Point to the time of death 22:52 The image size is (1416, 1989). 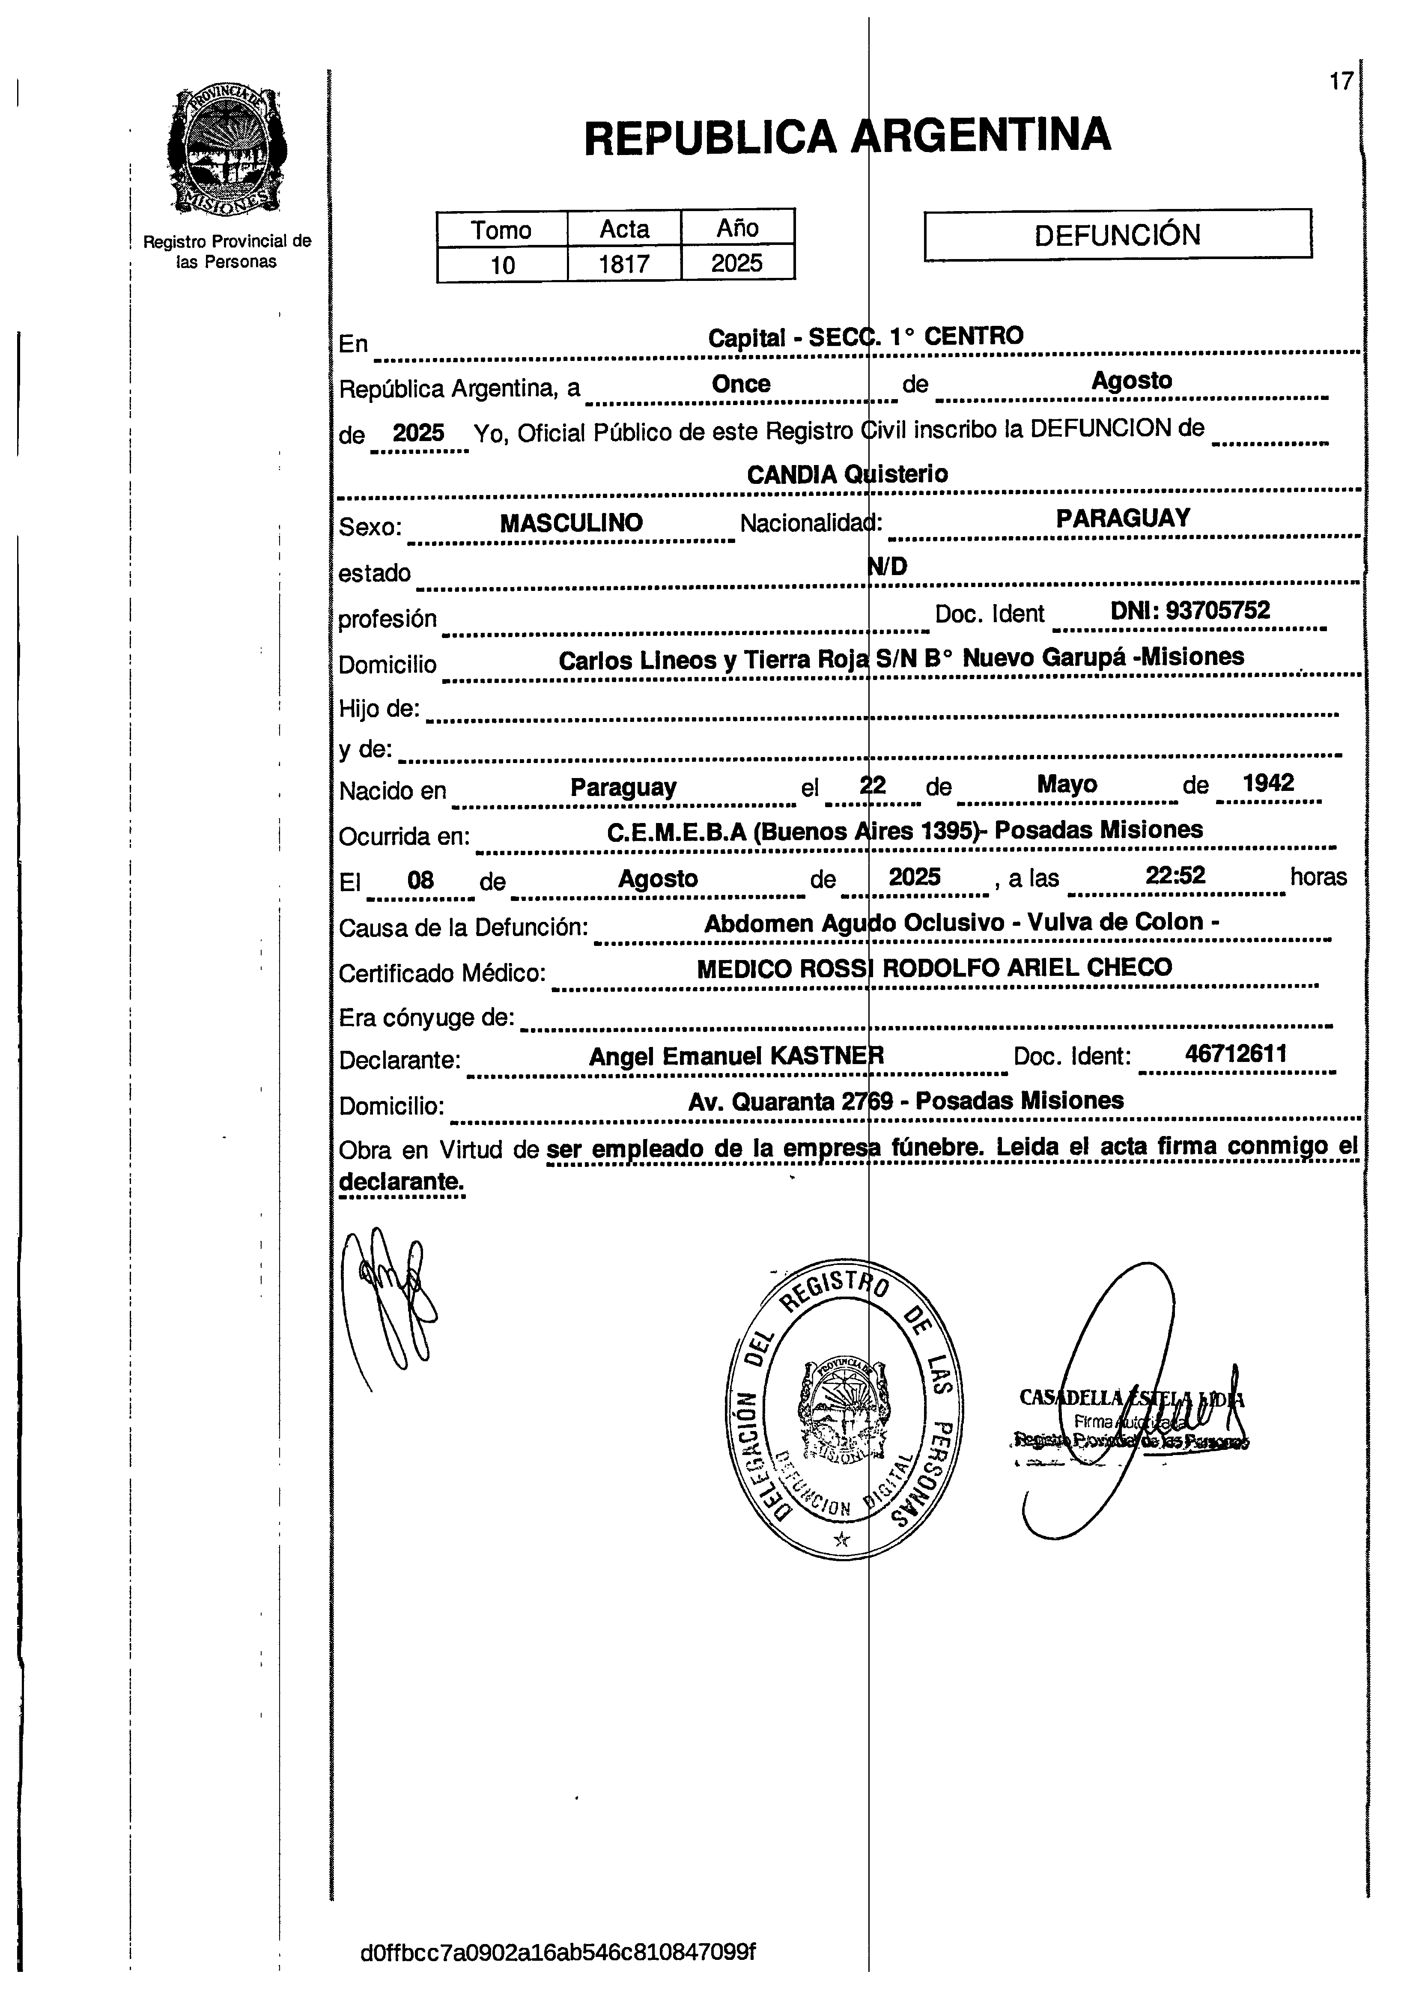click(1175, 876)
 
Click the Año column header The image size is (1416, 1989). click(738, 229)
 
